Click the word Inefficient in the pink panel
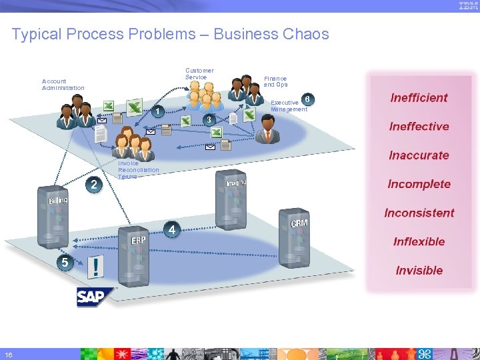pyautogui.click(x=419, y=97)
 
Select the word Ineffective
pyautogui.click(x=419, y=126)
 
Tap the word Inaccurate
pyautogui.click(x=419, y=155)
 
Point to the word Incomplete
pyautogui.click(x=419, y=184)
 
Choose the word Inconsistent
pyautogui.click(x=419, y=213)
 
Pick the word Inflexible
pyautogui.click(x=419, y=241)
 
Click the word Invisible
pyautogui.click(x=419, y=270)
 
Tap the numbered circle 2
pyautogui.click(x=94, y=185)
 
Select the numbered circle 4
pyautogui.click(x=172, y=230)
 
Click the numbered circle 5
pyautogui.click(x=64, y=262)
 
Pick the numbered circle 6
pyautogui.click(x=307, y=99)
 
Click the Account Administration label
pyautogui.click(x=63, y=85)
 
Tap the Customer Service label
pyautogui.click(x=199, y=73)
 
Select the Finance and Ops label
pyautogui.click(x=275, y=81)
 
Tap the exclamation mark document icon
pyautogui.click(x=97, y=268)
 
